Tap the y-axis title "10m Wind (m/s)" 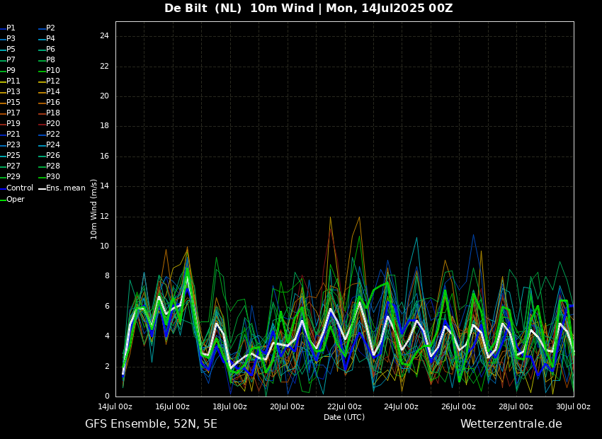[93, 209]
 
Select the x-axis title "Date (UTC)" [344, 417]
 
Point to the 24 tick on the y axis [104, 36]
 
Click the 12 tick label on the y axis [104, 217]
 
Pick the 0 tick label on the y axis [107, 397]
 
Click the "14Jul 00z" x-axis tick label [115, 407]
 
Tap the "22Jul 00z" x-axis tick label [344, 407]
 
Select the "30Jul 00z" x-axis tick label [573, 407]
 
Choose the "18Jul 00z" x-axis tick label [229, 407]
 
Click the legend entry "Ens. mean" [65, 188]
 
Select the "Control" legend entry [19, 188]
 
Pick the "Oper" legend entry [15, 200]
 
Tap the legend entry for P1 [11, 28]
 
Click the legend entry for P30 [52, 177]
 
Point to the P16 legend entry [52, 103]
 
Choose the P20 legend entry [52, 124]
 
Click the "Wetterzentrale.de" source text [511, 424]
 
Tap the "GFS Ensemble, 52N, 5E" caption [151, 424]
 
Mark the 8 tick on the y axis [107, 276]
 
